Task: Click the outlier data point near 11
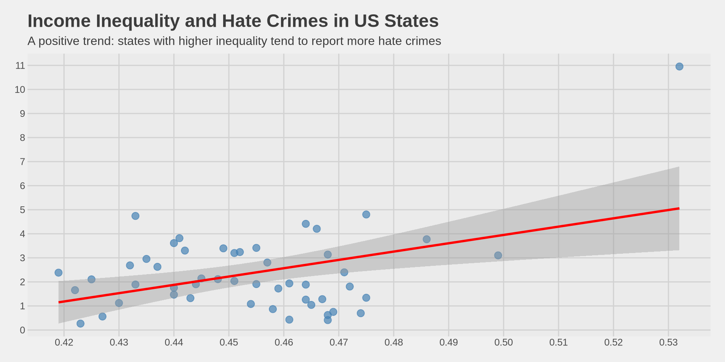(679, 67)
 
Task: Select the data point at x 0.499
(498, 255)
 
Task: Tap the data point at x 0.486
(427, 239)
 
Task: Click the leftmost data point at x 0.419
(59, 273)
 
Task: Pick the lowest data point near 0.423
(80, 324)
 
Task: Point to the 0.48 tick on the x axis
(394, 342)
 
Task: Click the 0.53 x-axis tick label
(668, 342)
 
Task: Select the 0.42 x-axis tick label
(64, 342)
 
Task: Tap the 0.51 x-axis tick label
(558, 342)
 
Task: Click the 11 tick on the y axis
(20, 66)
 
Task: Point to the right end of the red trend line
(679, 209)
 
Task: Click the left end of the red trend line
(59, 302)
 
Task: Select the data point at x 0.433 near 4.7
(136, 216)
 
